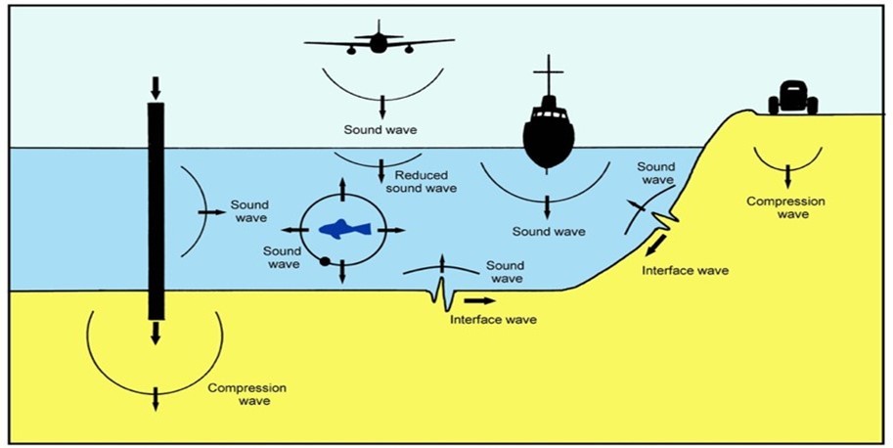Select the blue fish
click(344, 229)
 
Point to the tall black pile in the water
click(156, 210)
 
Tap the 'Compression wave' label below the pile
click(239, 393)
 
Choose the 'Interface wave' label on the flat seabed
click(492, 320)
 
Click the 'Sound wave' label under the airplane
click(375, 129)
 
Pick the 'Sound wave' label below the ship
click(549, 232)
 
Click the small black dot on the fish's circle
click(323, 261)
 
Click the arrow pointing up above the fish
click(342, 187)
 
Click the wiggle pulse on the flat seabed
click(441, 293)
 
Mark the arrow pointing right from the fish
click(393, 230)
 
